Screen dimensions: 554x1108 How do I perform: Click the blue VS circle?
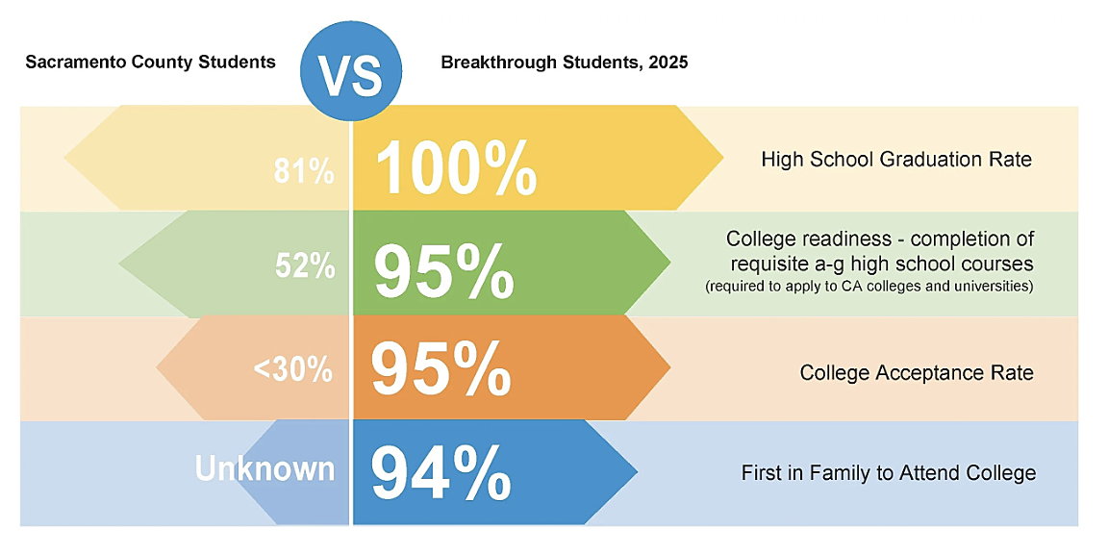click(x=353, y=74)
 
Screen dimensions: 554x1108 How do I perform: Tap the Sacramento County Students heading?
click(x=150, y=63)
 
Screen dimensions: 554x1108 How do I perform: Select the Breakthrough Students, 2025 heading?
click(x=564, y=63)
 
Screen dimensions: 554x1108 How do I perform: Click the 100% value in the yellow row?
click(x=455, y=168)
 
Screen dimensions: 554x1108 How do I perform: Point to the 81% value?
click(x=303, y=172)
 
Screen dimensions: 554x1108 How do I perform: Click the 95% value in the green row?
click(x=443, y=272)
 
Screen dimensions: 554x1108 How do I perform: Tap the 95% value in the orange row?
click(x=441, y=368)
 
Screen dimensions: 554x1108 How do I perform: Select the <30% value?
click(x=292, y=368)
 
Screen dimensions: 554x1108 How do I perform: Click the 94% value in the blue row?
click(x=441, y=472)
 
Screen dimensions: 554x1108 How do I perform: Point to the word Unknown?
click(x=264, y=468)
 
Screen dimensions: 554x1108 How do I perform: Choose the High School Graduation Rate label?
click(x=895, y=159)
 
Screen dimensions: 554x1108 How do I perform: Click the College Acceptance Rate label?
click(x=917, y=372)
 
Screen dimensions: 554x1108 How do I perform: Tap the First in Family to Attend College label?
click(x=888, y=473)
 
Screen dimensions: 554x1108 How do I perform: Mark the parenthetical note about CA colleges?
click(x=869, y=287)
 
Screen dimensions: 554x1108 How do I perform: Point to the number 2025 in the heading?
click(x=667, y=63)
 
